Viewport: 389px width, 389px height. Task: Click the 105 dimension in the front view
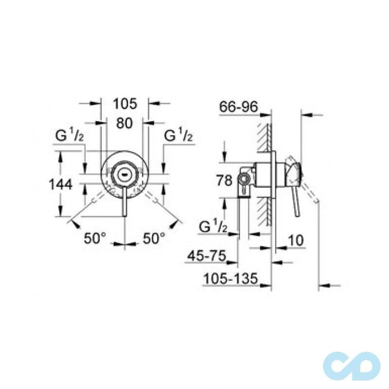click(x=124, y=104)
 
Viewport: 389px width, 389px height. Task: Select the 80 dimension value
click(x=124, y=124)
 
